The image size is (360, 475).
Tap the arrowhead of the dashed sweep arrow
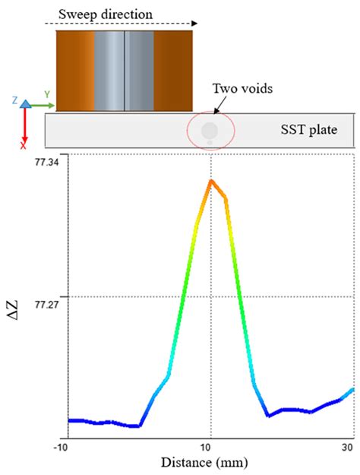pos(195,24)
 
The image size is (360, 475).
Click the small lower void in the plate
pos(207,142)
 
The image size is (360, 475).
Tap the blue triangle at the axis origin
pos(25,103)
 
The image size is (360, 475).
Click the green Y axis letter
pos(47,94)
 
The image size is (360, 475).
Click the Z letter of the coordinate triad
pos(14,100)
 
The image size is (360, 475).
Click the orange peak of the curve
pos(211,181)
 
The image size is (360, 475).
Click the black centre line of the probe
pos(125,71)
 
